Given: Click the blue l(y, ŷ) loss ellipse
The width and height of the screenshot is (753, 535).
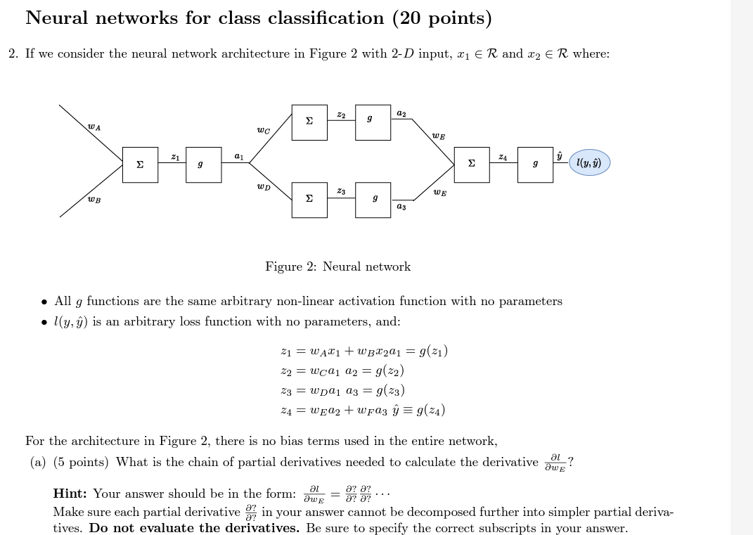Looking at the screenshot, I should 589,162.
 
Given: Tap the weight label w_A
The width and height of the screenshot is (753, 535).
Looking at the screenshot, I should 94,127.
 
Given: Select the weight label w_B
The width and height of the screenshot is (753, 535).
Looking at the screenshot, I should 94,200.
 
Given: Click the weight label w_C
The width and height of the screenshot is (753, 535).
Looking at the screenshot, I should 263,130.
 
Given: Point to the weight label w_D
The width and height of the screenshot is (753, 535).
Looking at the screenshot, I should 263,187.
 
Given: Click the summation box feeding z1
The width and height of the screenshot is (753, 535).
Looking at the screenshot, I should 140,165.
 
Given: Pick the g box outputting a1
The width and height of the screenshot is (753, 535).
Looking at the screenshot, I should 203,165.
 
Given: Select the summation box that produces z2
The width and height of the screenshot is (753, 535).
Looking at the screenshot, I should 309,122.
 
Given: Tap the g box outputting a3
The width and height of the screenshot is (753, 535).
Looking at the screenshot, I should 373,200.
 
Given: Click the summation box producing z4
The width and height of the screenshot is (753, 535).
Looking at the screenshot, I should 472,165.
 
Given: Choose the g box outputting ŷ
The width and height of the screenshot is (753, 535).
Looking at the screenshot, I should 535,165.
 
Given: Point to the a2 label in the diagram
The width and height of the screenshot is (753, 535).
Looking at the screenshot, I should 401,112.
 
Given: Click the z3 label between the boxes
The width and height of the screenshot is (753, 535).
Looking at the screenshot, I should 341,191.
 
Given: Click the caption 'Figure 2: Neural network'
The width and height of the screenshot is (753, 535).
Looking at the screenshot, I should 337,266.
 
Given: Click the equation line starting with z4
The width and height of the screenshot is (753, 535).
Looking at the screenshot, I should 363,410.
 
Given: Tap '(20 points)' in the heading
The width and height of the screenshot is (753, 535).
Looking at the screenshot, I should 442,18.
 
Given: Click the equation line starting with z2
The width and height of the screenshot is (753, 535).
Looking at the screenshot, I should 342,370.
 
